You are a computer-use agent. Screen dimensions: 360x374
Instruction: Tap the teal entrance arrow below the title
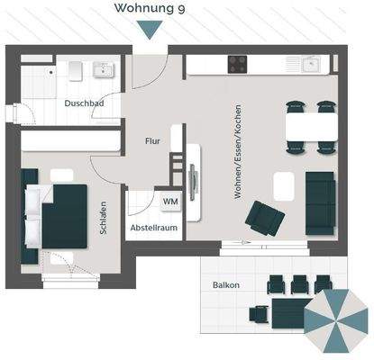point(151,29)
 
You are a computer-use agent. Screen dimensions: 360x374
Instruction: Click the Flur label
point(152,141)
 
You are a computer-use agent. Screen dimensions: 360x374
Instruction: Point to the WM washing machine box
point(169,201)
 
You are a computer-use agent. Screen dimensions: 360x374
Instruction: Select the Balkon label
point(225,284)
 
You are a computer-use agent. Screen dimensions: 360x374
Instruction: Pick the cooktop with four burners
point(239,64)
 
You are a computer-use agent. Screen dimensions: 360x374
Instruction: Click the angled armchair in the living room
point(265,217)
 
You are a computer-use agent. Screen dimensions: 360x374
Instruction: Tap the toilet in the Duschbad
point(74,70)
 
